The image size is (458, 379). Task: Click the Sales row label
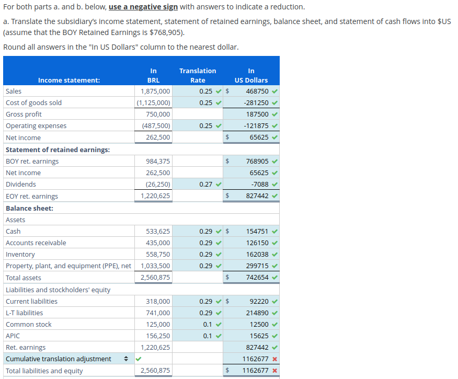14,91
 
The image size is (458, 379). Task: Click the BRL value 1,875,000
155,91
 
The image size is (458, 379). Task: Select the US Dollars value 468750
257,91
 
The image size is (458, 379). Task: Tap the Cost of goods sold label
33,102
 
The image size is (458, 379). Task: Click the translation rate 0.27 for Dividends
206,184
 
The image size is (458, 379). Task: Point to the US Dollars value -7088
260,184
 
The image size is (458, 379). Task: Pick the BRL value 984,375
158,161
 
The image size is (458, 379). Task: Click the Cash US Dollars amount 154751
257,231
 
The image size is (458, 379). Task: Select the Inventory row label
20,254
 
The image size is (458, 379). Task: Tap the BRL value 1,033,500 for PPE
155,266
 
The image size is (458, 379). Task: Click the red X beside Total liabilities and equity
274,371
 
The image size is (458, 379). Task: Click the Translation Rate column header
198,75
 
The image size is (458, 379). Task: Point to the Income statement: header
68,80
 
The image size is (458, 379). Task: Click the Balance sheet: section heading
29,208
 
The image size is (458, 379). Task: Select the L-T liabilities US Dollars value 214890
257,313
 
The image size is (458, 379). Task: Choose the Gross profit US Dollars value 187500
257,114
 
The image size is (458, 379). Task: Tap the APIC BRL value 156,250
158,336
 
